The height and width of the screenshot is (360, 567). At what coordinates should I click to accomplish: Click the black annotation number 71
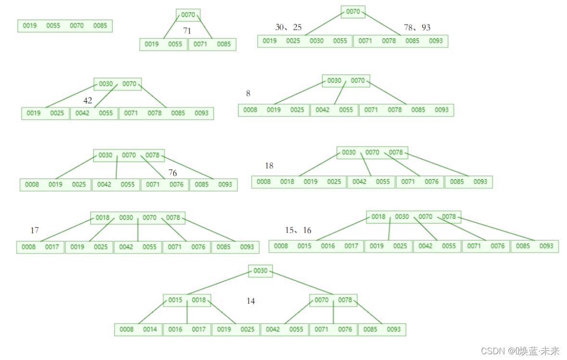click(x=187, y=31)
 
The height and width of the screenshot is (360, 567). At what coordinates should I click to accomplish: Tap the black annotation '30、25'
click(x=289, y=27)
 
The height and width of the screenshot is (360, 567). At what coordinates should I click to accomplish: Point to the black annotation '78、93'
click(x=417, y=27)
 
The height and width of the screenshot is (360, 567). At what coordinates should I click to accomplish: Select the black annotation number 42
click(x=88, y=100)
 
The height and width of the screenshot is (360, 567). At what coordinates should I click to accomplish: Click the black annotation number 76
click(x=173, y=173)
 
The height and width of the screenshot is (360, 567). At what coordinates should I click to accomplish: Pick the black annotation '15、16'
click(x=298, y=230)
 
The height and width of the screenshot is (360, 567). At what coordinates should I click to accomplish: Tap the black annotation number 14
click(x=251, y=301)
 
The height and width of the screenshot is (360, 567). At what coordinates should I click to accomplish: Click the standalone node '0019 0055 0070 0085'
click(x=65, y=25)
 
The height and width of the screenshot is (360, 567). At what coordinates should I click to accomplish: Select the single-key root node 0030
click(x=260, y=271)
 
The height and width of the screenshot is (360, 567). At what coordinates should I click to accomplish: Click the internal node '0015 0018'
click(x=187, y=300)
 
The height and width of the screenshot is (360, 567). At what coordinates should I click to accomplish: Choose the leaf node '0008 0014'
click(x=139, y=330)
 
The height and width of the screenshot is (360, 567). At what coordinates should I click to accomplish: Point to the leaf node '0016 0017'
click(x=187, y=330)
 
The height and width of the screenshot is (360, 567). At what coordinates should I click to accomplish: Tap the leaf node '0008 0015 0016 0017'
click(x=316, y=246)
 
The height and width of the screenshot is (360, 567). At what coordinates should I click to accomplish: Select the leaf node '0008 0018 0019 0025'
click(x=299, y=182)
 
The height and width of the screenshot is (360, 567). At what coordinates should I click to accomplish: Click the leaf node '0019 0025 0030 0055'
click(x=305, y=41)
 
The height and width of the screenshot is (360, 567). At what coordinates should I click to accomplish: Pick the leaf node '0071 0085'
click(x=212, y=44)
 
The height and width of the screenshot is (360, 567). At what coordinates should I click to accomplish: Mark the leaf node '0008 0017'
click(x=40, y=247)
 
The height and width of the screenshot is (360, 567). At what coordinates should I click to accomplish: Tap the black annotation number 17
click(x=35, y=230)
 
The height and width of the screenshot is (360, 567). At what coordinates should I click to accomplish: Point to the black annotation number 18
click(x=269, y=166)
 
